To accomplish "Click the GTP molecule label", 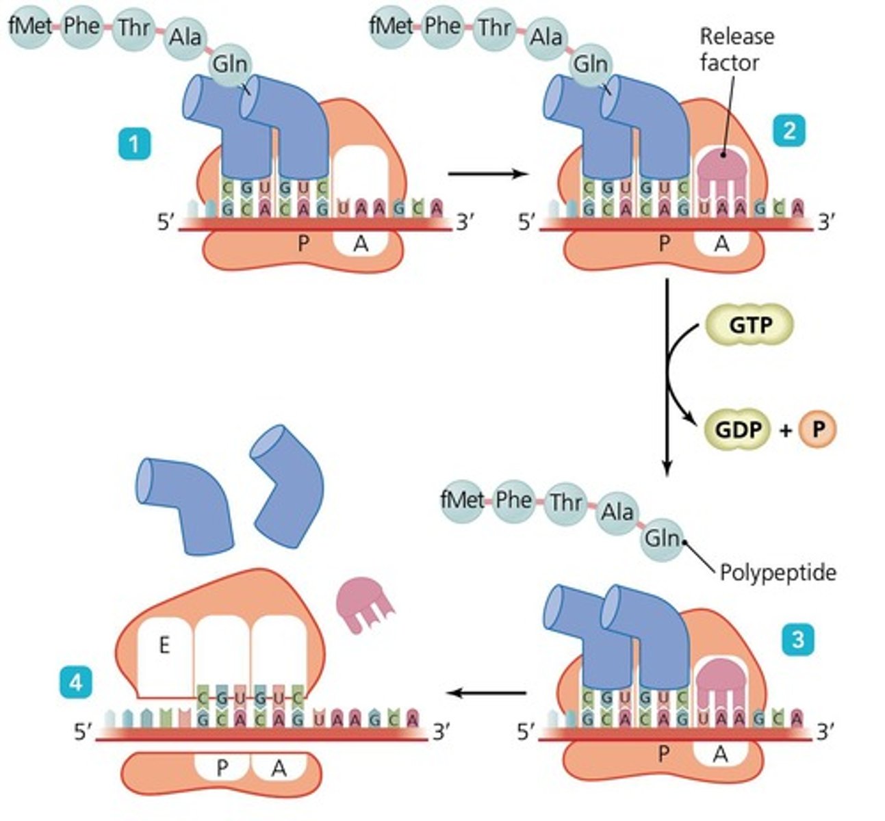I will pos(749,324).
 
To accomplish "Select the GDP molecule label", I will pos(738,429).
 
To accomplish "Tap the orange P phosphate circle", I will pos(816,429).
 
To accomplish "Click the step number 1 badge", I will pos(133,144).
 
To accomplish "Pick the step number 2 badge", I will pos(788,129).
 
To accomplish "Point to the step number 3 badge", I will pos(797,640).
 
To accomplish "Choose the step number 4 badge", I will pos(75,683).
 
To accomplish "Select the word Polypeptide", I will pos(778,571).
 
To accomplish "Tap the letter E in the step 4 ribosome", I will pos(164,645).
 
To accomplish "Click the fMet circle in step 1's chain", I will pos(30,27).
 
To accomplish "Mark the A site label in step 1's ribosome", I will pos(360,244).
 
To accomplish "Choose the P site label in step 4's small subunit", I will pos(221,768).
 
